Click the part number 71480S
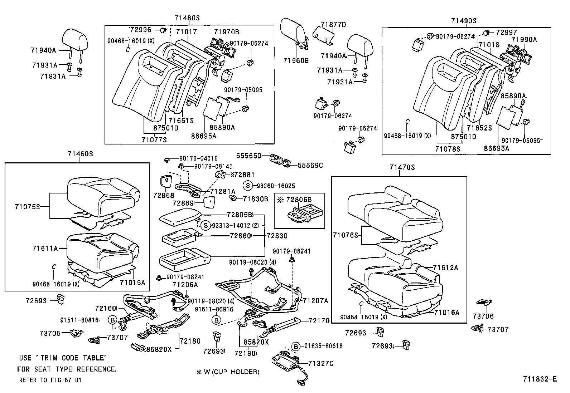pyautogui.click(x=187, y=18)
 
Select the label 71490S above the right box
pyautogui.click(x=464, y=21)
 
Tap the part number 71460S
pyautogui.click(x=80, y=154)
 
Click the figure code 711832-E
pyautogui.click(x=540, y=379)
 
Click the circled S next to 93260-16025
pyautogui.click(x=247, y=186)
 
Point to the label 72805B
pyautogui.click(x=240, y=215)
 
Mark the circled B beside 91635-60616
pyautogui.click(x=295, y=346)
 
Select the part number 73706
pyautogui.click(x=483, y=316)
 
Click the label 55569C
pyautogui.click(x=310, y=165)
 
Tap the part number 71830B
pyautogui.click(x=255, y=199)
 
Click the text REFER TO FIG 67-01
pyautogui.click(x=50, y=380)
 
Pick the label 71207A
pyautogui.click(x=315, y=301)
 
